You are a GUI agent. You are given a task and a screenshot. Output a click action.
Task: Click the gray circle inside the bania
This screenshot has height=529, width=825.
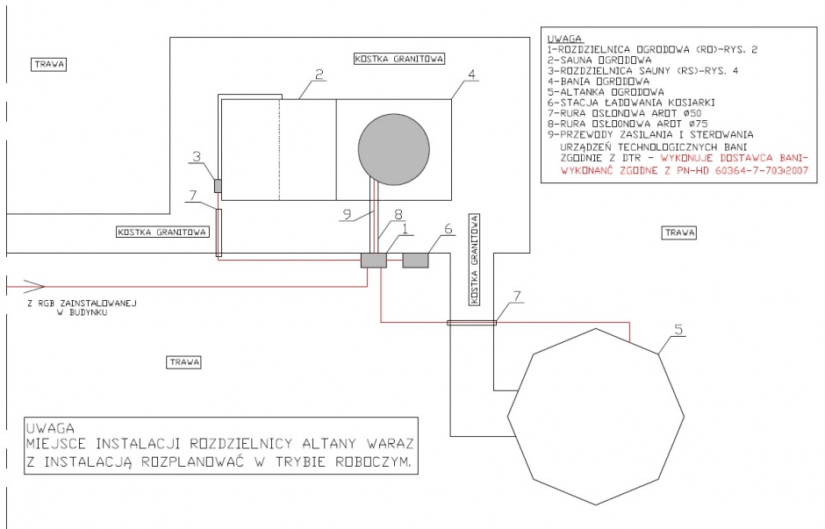(x=393, y=149)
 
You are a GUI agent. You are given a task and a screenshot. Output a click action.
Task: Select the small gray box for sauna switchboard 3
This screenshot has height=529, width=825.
(x=218, y=186)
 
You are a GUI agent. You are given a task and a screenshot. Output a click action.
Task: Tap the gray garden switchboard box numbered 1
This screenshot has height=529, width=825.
(x=374, y=261)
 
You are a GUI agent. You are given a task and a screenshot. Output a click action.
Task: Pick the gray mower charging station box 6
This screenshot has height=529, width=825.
(x=415, y=261)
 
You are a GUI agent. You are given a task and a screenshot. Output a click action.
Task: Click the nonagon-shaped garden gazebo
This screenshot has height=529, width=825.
(x=596, y=417)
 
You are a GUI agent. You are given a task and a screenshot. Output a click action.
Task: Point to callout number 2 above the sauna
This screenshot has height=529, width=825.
(x=319, y=75)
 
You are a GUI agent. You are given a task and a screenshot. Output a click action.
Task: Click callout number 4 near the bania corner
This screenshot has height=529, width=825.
(x=471, y=75)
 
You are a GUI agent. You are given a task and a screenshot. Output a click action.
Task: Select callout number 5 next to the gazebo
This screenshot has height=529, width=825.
(x=678, y=329)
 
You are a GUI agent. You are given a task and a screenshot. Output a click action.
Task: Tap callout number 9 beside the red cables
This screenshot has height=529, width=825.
(x=347, y=214)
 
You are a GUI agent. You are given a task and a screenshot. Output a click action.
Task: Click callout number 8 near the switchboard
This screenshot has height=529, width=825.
(x=398, y=214)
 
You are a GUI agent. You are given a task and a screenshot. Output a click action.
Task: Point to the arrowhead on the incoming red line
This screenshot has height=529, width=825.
(x=33, y=287)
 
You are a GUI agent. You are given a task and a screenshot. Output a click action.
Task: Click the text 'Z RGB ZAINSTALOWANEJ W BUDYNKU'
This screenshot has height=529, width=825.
(x=82, y=308)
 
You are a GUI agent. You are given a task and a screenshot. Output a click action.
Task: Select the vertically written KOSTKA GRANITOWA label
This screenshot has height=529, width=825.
(x=475, y=260)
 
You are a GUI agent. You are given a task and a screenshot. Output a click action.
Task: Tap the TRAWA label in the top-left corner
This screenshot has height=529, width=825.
(x=49, y=65)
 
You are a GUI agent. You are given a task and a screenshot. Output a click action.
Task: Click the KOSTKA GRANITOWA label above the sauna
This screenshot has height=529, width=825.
(x=398, y=59)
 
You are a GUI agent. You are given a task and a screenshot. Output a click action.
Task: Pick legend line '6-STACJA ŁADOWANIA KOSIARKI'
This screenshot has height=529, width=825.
(x=631, y=103)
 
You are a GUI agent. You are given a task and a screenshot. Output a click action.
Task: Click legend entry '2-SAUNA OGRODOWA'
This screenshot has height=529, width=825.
(x=599, y=60)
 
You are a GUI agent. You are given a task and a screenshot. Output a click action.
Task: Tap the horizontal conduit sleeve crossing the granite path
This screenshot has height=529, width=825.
(x=471, y=323)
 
